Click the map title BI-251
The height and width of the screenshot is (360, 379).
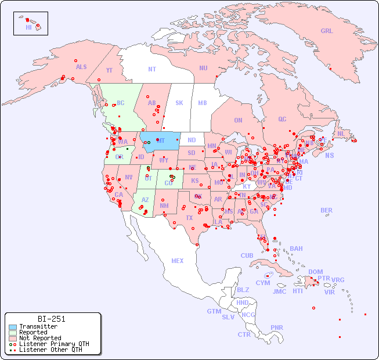(51, 319)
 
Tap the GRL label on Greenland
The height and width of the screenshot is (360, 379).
(327, 31)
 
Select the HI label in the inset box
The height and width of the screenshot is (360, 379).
(28, 27)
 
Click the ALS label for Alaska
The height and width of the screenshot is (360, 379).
(81, 67)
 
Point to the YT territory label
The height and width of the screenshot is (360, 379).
(109, 70)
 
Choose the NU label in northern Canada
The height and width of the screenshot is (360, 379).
(203, 68)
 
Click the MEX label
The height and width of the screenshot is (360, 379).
(178, 261)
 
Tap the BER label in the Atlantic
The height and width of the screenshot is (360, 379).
(326, 210)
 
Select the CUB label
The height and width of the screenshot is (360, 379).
(247, 255)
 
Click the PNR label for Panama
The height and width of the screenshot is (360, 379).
(277, 327)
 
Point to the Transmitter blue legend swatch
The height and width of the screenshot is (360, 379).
(12, 327)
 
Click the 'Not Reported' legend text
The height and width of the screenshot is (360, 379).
(40, 338)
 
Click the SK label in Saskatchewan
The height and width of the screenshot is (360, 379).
(179, 103)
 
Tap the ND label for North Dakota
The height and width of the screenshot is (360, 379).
(192, 140)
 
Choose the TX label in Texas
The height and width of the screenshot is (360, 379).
(189, 218)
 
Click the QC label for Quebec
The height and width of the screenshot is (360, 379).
(282, 119)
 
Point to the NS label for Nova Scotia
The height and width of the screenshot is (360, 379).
(329, 155)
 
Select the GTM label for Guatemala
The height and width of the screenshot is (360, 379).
(214, 311)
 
